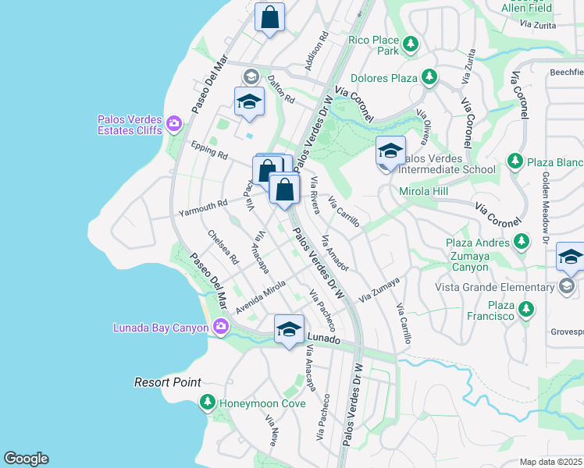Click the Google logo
pyautogui.click(x=26, y=459)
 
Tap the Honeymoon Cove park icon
pyautogui.click(x=207, y=402)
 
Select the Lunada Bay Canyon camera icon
pyautogui.click(x=221, y=327)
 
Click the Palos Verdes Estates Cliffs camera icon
pyautogui.click(x=173, y=123)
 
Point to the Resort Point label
pyautogui.click(x=167, y=382)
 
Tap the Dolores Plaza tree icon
pyautogui.click(x=429, y=77)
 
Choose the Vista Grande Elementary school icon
pyautogui.click(x=567, y=287)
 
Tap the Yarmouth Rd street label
pyautogui.click(x=202, y=207)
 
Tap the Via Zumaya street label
pyautogui.click(x=379, y=289)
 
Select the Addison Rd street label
pyautogui.click(x=315, y=51)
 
